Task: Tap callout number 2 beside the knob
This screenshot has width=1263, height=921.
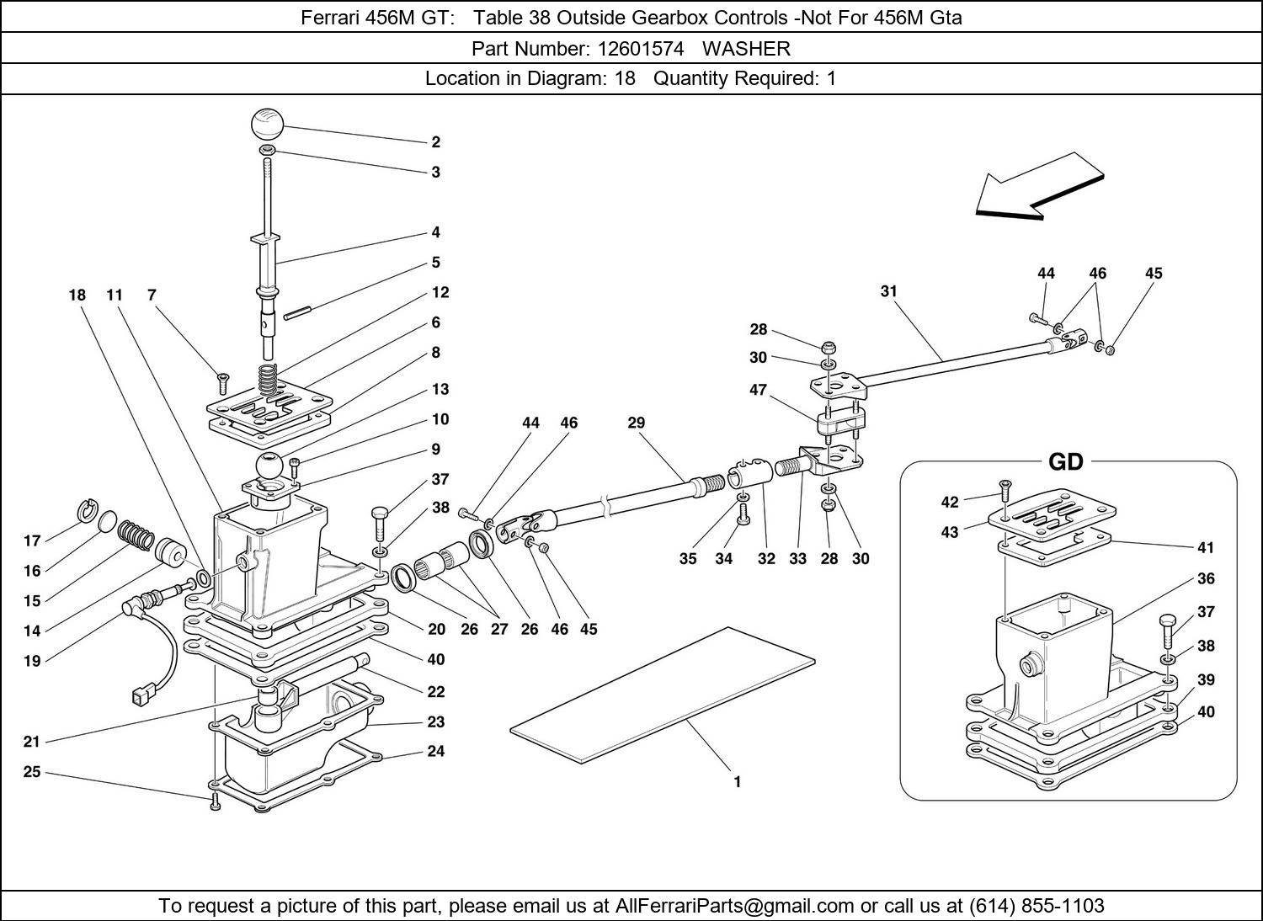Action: point(435,142)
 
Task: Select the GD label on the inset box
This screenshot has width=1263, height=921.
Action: point(1065,462)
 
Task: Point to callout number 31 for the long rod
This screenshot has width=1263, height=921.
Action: point(888,291)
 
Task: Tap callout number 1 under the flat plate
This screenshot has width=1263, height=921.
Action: point(737,782)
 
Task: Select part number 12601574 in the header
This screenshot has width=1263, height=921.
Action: point(640,49)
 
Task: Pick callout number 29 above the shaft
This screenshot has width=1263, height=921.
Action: point(636,423)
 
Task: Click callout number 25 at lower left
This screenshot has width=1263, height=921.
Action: point(31,771)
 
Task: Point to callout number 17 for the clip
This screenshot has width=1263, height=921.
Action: point(31,541)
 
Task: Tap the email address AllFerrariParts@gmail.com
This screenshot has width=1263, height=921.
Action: point(734,906)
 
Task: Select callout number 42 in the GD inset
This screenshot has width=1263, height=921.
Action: point(950,503)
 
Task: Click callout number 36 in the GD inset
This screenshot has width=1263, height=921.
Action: point(1206,579)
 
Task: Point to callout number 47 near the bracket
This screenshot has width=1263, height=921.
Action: point(758,390)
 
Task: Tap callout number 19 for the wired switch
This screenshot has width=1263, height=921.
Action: point(31,661)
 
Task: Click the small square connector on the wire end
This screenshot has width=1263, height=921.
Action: point(141,695)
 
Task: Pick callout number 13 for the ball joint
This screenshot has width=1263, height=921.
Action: point(440,389)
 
